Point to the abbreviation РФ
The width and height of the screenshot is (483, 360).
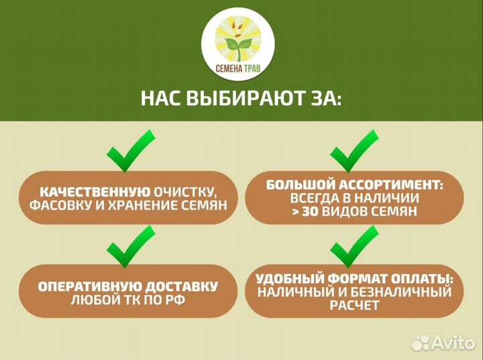point(176,300)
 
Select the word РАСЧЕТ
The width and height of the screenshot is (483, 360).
point(354,306)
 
